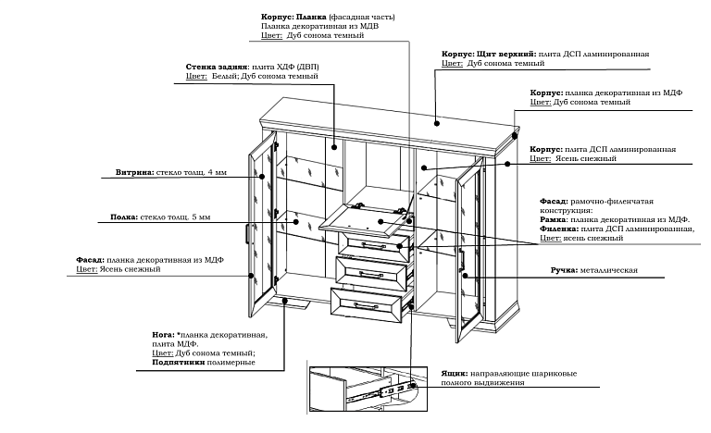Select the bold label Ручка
click(566, 269)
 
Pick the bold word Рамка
click(556, 218)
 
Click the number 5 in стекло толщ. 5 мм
click(194, 217)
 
